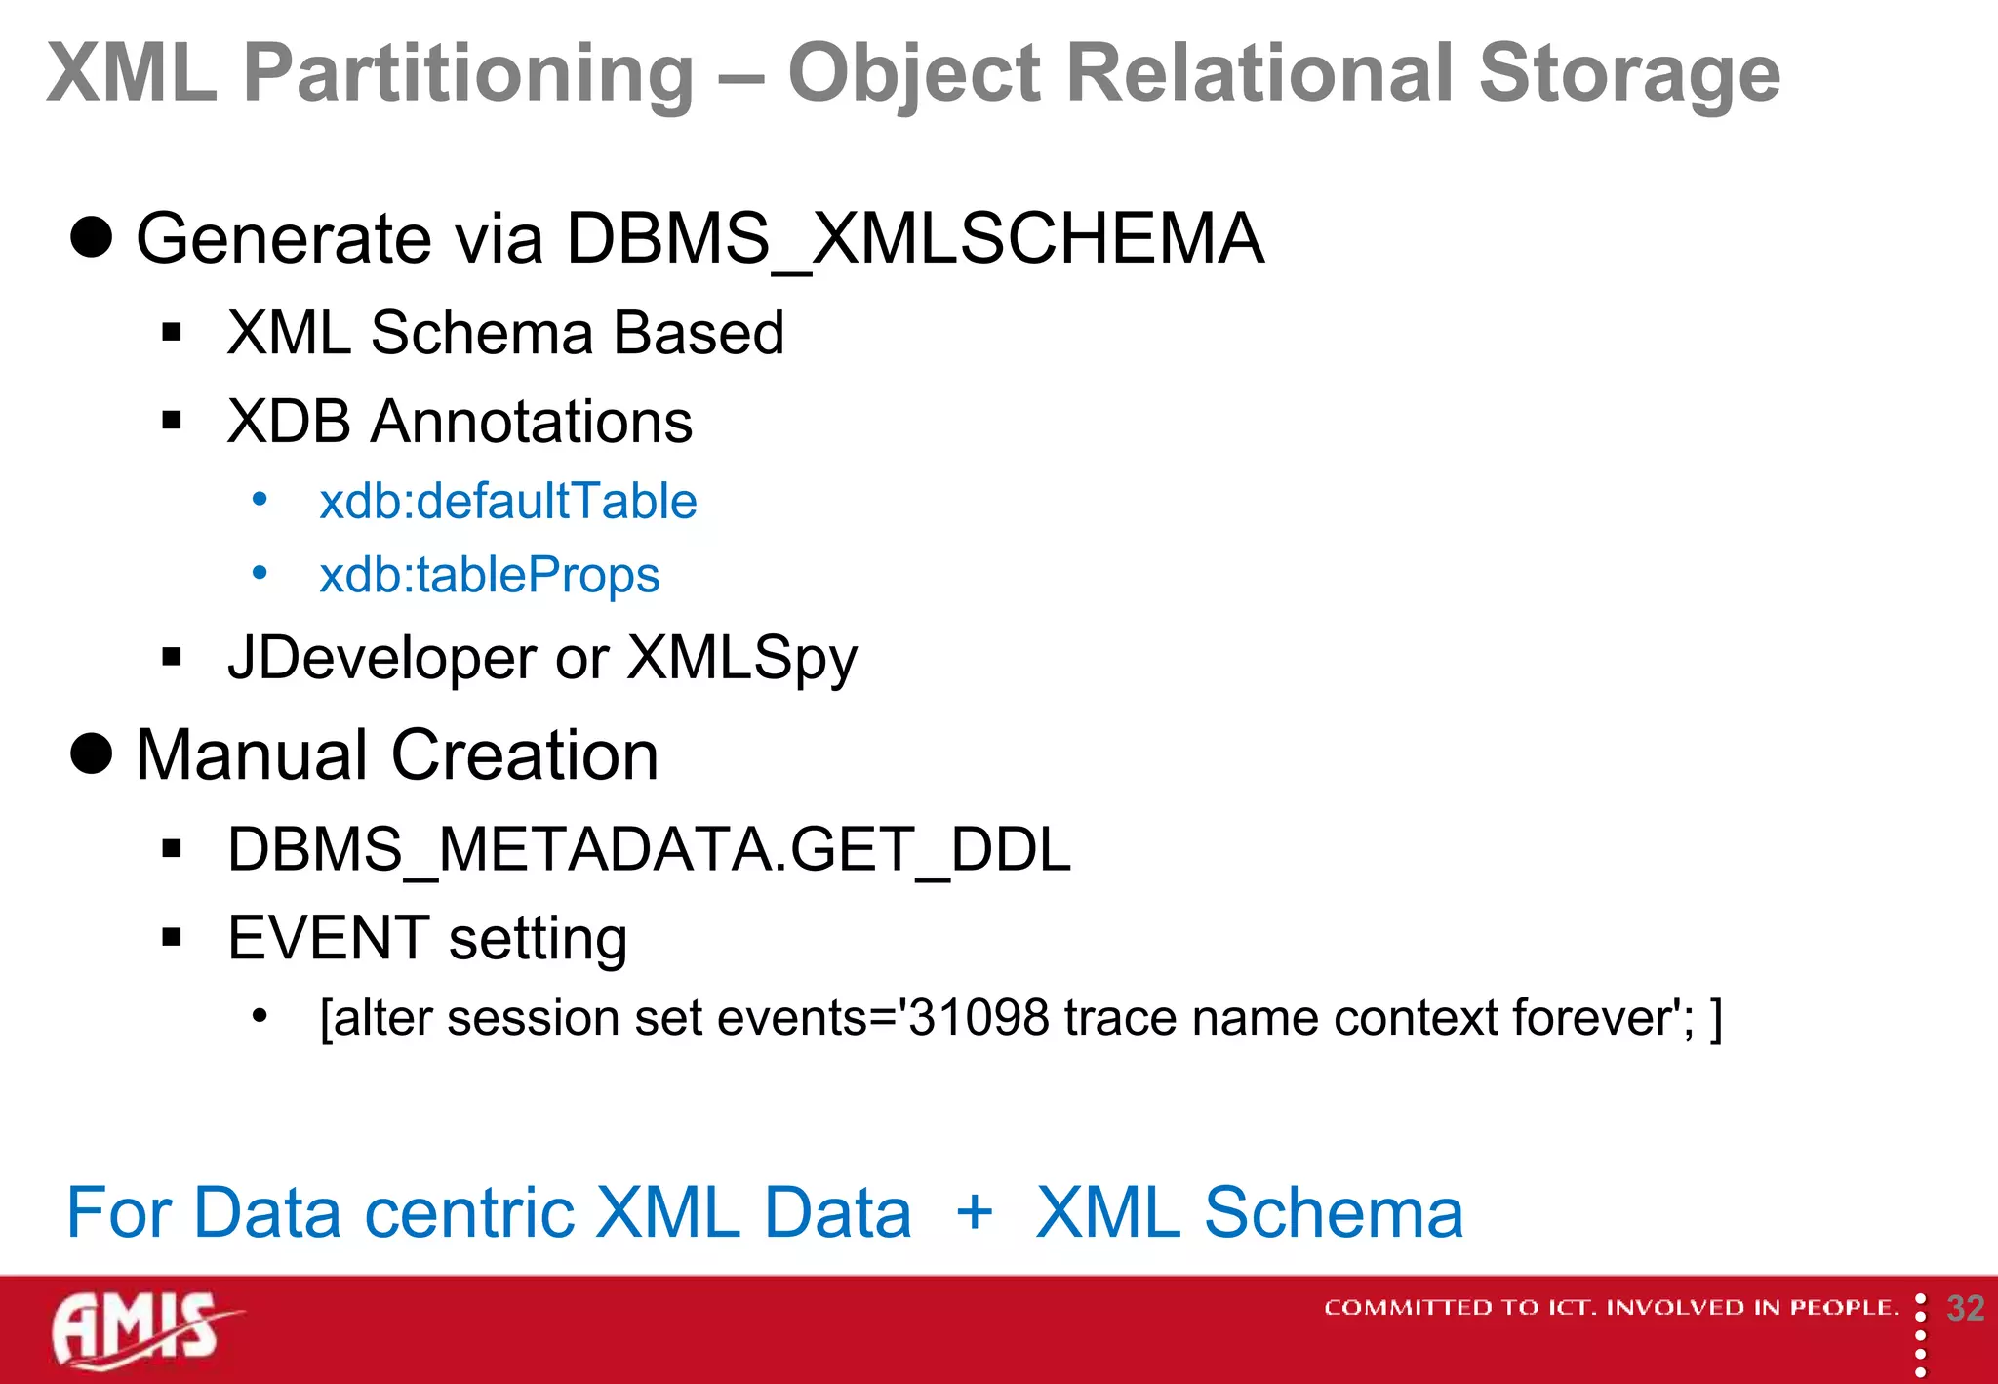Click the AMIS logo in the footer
coord(141,1329)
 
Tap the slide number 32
coord(1965,1309)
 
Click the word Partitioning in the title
coord(468,73)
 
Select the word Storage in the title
coord(1629,73)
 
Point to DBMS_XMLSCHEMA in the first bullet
coord(915,238)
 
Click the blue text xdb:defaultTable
coord(508,502)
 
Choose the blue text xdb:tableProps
coord(490,575)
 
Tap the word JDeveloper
coord(381,659)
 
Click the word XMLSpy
coord(741,659)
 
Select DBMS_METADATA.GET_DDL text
coord(649,849)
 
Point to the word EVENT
coord(329,938)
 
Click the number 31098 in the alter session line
coord(979,1018)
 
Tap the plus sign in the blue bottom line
coord(974,1213)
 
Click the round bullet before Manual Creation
coord(92,753)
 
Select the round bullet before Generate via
coord(92,237)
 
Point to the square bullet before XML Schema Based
coord(173,333)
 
